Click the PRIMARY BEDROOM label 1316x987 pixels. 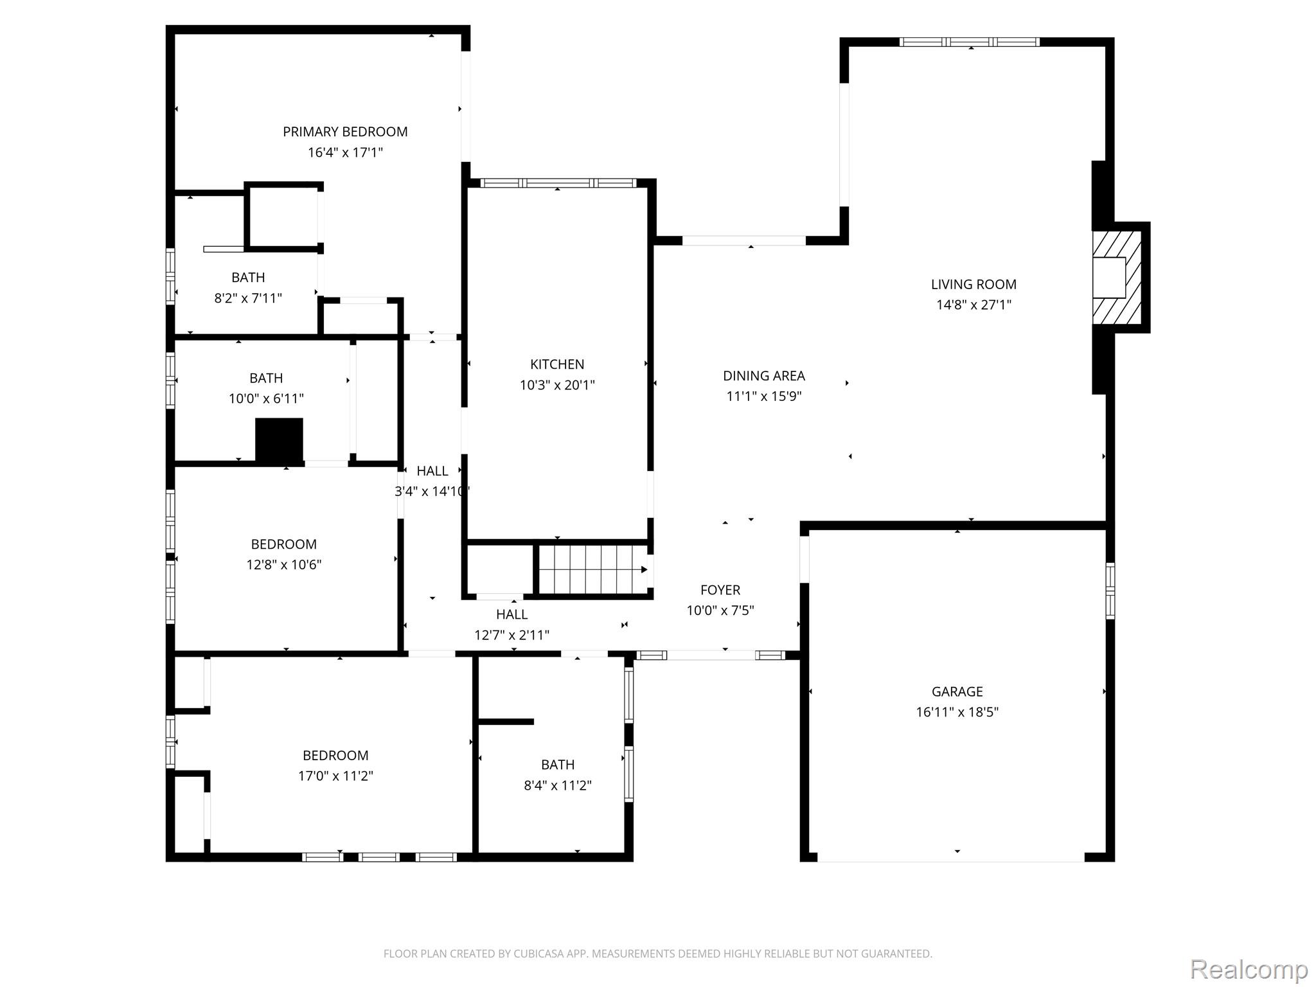coord(345,132)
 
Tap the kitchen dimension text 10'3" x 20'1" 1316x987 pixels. coord(557,385)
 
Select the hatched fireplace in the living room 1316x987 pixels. coord(1117,278)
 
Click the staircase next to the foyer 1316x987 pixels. coord(592,569)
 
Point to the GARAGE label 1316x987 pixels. coord(957,691)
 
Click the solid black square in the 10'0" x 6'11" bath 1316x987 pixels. coord(279,440)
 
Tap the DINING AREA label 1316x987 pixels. coord(763,376)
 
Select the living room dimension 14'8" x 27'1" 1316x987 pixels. coord(974,305)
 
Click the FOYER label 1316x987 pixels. coord(720,590)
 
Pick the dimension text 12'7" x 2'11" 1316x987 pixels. coord(511,636)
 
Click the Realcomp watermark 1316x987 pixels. coord(1249,969)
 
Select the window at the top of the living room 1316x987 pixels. coord(969,42)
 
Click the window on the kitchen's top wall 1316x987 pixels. coord(558,183)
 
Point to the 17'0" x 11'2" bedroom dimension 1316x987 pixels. coord(335,776)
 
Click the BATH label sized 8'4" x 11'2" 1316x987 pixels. coord(557,765)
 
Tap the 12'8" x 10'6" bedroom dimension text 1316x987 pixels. coord(283,565)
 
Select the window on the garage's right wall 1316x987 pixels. coord(1110,591)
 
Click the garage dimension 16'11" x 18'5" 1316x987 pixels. coord(957,712)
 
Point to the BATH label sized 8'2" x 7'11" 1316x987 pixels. coord(248,278)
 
